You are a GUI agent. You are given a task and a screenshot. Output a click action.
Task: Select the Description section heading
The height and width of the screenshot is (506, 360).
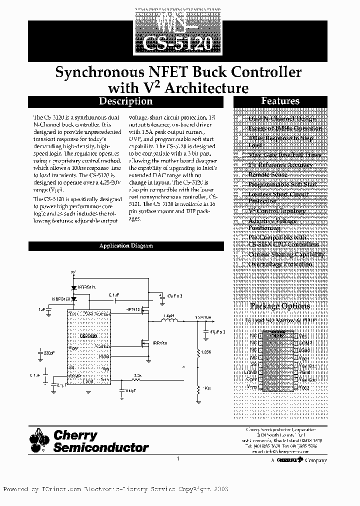coord(125,101)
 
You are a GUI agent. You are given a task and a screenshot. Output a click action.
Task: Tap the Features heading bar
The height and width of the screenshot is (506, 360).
coord(280,101)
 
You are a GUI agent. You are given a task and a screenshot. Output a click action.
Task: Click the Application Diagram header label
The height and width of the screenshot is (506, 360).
coord(125,246)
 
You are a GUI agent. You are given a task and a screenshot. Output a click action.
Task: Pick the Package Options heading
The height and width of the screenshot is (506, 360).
coord(280,306)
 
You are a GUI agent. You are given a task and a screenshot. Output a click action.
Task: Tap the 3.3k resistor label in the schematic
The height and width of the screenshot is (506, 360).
coord(137,375)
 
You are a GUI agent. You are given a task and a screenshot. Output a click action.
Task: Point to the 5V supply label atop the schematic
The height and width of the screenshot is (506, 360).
coord(73,272)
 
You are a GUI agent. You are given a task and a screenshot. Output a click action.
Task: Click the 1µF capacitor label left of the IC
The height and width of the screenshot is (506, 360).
coord(41,310)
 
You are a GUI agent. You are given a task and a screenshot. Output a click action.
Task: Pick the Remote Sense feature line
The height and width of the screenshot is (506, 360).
coord(268,174)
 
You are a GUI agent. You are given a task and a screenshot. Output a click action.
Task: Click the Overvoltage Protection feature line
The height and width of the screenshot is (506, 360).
coord(280,264)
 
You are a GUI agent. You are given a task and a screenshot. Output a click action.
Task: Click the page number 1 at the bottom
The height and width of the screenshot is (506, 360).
coord(179,457)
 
